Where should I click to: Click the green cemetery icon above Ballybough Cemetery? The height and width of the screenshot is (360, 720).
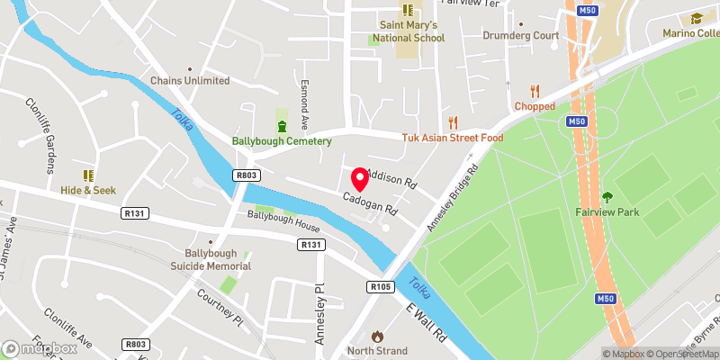coord(282,124)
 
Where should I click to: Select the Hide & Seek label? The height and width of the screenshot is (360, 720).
coord(88,191)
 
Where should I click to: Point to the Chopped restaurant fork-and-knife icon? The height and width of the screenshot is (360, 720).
coord(535,90)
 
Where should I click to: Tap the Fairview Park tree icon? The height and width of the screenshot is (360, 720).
coord(607,196)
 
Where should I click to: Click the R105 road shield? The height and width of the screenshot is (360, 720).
coord(380,286)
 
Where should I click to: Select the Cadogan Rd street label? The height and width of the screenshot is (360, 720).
coord(369,201)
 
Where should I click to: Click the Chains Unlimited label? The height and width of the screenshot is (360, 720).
coord(190,81)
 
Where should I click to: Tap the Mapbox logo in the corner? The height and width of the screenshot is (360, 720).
coord(40,348)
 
